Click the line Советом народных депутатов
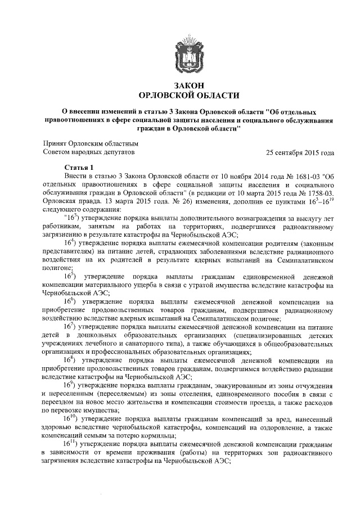[89, 152]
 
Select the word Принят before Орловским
[56, 143]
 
